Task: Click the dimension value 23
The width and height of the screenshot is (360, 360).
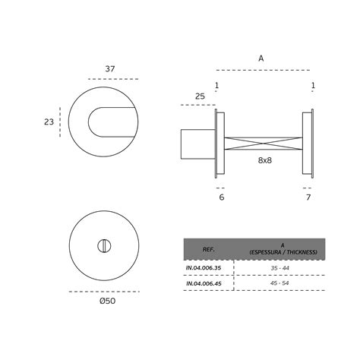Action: tap(49, 121)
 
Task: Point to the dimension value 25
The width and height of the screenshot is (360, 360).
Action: tap(201, 96)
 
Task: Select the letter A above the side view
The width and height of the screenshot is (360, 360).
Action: tap(261, 58)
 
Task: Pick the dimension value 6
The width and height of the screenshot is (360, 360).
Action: tap(222, 197)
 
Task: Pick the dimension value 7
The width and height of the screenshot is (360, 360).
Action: tap(308, 197)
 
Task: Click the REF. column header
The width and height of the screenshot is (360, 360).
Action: tap(209, 249)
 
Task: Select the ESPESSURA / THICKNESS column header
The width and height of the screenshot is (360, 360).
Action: tap(281, 249)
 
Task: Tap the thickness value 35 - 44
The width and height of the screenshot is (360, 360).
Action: tap(279, 267)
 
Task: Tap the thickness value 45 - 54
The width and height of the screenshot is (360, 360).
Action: tap(279, 283)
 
